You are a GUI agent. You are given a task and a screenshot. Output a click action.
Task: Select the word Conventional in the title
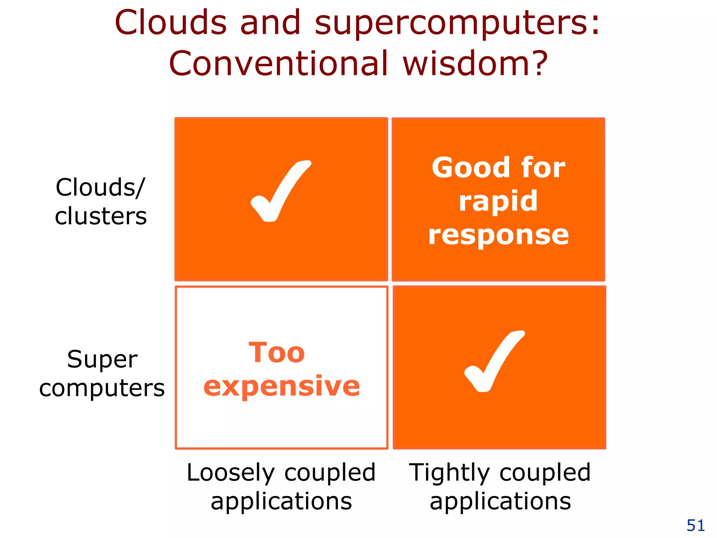(279, 64)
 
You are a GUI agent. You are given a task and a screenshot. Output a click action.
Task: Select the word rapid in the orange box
(498, 202)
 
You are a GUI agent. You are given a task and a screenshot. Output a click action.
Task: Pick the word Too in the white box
(277, 353)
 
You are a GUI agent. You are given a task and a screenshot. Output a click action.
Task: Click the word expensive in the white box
(281, 386)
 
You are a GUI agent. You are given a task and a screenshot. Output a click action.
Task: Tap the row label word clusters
(101, 216)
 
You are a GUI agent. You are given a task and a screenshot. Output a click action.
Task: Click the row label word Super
(102, 359)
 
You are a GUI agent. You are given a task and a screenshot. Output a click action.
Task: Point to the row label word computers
(102, 388)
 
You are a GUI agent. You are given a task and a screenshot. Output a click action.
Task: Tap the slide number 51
(696, 525)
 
